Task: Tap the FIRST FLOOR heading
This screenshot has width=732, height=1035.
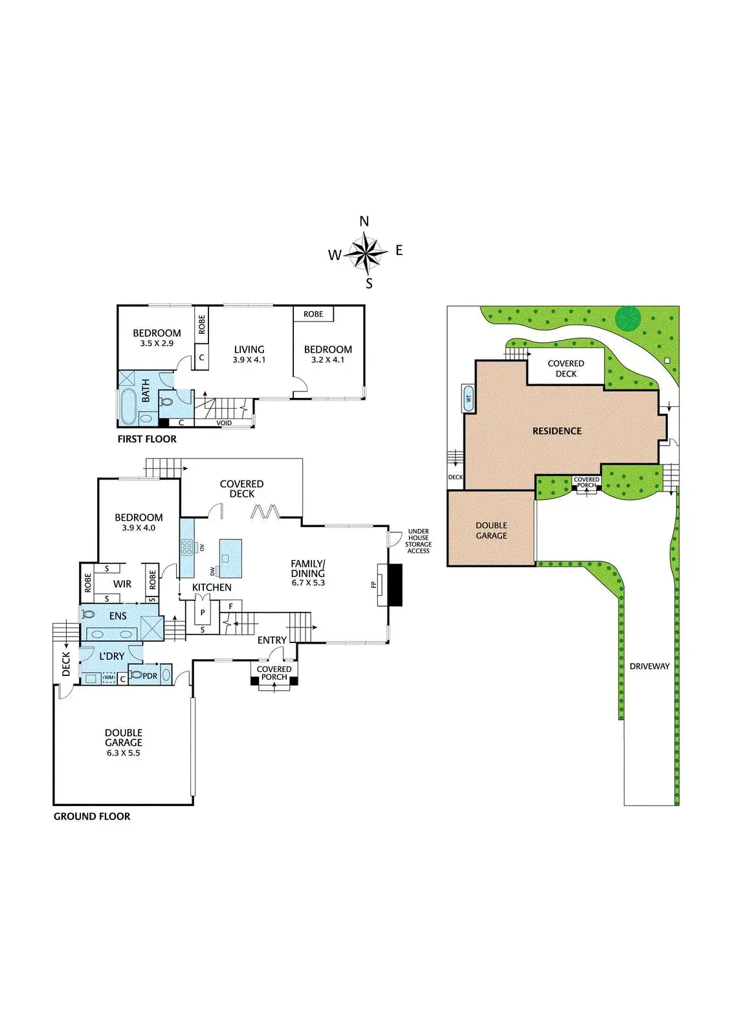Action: pyautogui.click(x=147, y=439)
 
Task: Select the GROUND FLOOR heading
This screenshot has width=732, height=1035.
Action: pyautogui.click(x=92, y=816)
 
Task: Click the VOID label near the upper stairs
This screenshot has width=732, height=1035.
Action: pyautogui.click(x=224, y=423)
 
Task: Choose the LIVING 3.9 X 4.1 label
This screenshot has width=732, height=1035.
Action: pyautogui.click(x=249, y=354)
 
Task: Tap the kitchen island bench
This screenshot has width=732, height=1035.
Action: pyautogui.click(x=230, y=558)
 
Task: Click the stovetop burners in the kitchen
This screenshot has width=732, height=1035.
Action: pyautogui.click(x=187, y=547)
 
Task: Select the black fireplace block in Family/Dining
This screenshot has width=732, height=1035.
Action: pyautogui.click(x=395, y=585)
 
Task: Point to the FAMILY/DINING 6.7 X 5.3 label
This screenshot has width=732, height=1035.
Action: pyautogui.click(x=308, y=572)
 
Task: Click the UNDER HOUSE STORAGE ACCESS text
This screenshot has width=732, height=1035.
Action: pyautogui.click(x=418, y=541)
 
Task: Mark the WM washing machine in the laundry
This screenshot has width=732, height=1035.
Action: pyautogui.click(x=109, y=679)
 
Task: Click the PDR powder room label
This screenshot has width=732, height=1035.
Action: pyautogui.click(x=150, y=676)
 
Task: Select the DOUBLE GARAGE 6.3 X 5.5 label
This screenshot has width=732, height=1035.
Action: pyautogui.click(x=124, y=743)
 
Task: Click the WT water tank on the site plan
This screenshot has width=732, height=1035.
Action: pyautogui.click(x=468, y=399)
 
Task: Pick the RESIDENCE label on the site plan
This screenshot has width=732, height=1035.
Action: pyautogui.click(x=557, y=431)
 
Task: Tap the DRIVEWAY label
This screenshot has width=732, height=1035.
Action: pyautogui.click(x=649, y=666)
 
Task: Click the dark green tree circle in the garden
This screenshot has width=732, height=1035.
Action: pyautogui.click(x=627, y=318)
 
